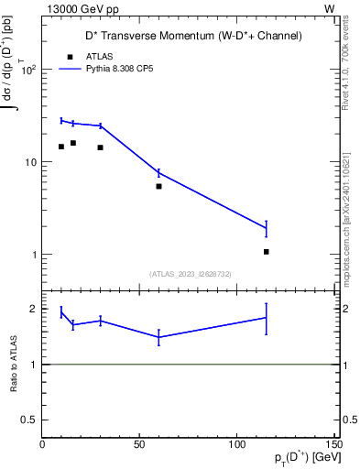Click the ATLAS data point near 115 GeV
click(267, 251)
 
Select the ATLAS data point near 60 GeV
click(158, 186)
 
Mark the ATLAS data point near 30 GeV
click(100, 147)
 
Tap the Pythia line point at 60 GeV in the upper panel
click(158, 172)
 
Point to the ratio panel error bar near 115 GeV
click(266, 318)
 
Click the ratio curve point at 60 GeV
click(158, 337)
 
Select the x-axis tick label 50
click(139, 443)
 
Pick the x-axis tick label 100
click(236, 443)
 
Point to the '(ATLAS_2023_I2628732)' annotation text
click(190, 273)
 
